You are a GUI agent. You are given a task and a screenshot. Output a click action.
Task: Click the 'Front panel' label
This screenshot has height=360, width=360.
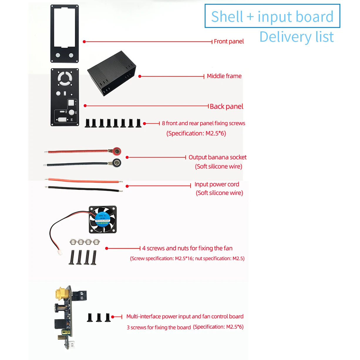click(x=228, y=41)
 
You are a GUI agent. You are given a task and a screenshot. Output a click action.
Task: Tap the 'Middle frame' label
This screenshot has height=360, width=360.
click(x=224, y=76)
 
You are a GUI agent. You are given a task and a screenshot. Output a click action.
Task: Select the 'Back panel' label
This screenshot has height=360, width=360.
click(x=226, y=106)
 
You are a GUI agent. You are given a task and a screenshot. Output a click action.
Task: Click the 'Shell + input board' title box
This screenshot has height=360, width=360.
click(x=272, y=16)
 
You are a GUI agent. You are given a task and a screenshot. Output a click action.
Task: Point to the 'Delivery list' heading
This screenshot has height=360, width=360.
click(x=297, y=37)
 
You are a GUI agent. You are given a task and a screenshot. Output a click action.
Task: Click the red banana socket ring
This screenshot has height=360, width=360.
click(x=117, y=152)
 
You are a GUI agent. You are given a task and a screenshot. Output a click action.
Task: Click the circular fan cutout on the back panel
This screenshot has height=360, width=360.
click(x=65, y=78)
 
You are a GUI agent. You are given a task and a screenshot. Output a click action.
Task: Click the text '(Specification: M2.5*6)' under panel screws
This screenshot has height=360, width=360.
click(x=196, y=133)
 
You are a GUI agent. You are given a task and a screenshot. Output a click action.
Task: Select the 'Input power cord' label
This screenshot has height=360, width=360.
click(x=217, y=184)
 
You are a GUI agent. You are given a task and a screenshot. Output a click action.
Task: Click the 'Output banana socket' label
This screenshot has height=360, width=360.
click(x=217, y=157)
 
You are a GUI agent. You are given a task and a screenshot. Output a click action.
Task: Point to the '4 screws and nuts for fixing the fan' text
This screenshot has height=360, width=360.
click(x=187, y=248)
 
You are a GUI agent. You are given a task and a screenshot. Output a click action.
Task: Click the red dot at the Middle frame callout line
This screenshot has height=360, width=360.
click(x=140, y=76)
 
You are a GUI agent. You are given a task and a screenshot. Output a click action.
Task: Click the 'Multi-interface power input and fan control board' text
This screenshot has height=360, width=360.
click(x=185, y=317)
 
